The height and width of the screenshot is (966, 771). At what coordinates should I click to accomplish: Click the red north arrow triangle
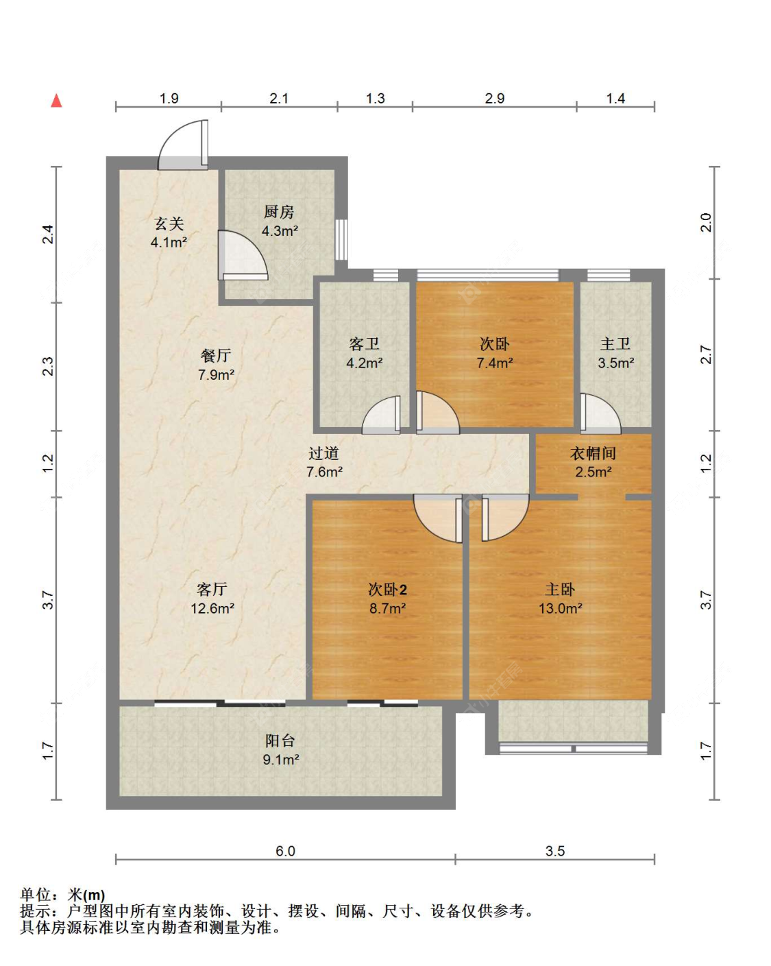coord(56,101)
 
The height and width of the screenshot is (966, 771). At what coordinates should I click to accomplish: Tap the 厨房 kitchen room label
coord(279,211)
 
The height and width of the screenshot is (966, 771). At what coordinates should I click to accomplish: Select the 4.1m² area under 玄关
coord(169,243)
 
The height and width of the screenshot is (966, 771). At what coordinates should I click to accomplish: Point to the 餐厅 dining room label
coord(216,356)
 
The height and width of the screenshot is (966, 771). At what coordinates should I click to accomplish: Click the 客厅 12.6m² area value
coord(212,608)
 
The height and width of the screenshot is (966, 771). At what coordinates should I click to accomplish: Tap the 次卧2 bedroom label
coord(387,590)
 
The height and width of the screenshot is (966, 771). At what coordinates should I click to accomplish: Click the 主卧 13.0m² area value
coord(561,608)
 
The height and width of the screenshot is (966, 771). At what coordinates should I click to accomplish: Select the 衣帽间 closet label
coord(593,453)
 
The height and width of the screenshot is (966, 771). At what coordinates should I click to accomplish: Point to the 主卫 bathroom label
coord(615,344)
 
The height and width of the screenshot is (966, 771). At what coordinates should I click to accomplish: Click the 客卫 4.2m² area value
coord(364,363)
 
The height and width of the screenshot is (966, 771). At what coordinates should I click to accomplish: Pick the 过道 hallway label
coord(323,453)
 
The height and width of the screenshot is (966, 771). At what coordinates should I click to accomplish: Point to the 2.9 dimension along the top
coord(495,98)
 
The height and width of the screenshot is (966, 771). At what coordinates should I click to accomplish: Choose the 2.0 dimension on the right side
coord(705,222)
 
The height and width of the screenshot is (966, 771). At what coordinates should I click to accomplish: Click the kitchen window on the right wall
coord(341,239)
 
